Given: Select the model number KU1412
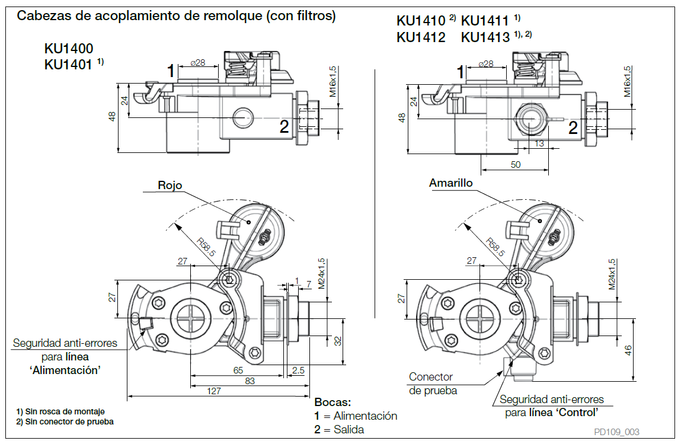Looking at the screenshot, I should click(421, 37).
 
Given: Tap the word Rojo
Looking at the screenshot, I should click(170, 185).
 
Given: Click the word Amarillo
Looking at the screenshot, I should click(450, 183).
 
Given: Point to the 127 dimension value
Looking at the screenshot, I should click(213, 391).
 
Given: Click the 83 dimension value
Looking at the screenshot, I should click(250, 381).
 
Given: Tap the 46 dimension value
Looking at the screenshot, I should click(628, 350).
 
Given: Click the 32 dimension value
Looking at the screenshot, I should click(338, 341).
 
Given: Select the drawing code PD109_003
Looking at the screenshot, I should click(617, 432).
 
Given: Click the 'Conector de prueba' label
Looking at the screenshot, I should click(431, 384).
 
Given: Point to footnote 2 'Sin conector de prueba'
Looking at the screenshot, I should click(65, 422).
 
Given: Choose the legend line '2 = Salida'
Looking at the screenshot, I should click(339, 429).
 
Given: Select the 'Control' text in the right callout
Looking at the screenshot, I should click(574, 413).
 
